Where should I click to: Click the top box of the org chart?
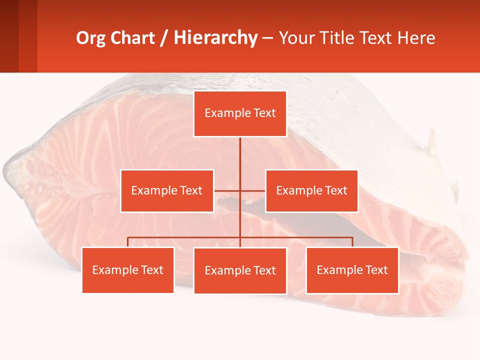pos(240,113)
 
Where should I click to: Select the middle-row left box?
pos(167,190)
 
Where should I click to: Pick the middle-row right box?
pos(311,190)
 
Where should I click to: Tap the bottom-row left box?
pos(128,270)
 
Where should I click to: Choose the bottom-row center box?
pos(240,270)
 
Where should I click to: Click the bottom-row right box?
pos(352,270)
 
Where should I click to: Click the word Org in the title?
pos(90,38)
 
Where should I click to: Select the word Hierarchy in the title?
pos(215,38)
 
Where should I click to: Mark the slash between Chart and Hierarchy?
pos(164,38)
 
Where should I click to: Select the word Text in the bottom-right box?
pos(376,270)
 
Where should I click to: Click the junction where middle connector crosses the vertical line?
pos(240,190)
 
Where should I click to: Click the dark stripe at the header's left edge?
pos(9,36)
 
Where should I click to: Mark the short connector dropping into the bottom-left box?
pos(128,242)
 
